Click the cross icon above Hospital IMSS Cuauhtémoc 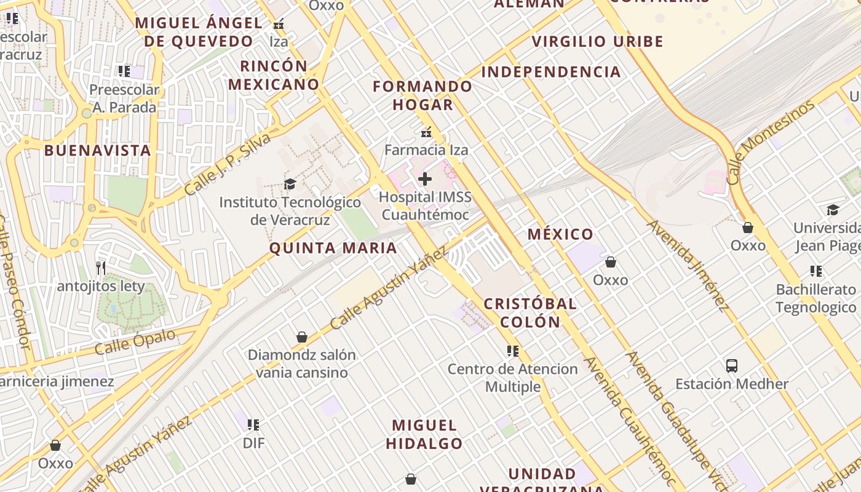point(425,180)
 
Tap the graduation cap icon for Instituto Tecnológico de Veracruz point(290,184)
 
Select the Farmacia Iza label point(426,149)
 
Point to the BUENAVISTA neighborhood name point(98,151)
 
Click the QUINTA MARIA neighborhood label point(333,248)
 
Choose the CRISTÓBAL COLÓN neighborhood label point(530,312)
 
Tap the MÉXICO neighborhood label point(560,234)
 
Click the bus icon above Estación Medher point(732,366)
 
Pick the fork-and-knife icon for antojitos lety point(101,268)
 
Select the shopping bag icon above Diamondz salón point(302,337)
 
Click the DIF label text point(253,443)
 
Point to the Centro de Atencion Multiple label point(513,378)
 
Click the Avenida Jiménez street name point(688,264)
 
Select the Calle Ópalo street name point(135,343)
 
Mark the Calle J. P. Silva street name point(227,165)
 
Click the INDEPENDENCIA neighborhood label point(551,72)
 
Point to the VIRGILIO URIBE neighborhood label point(598,42)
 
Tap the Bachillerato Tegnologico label point(816,298)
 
